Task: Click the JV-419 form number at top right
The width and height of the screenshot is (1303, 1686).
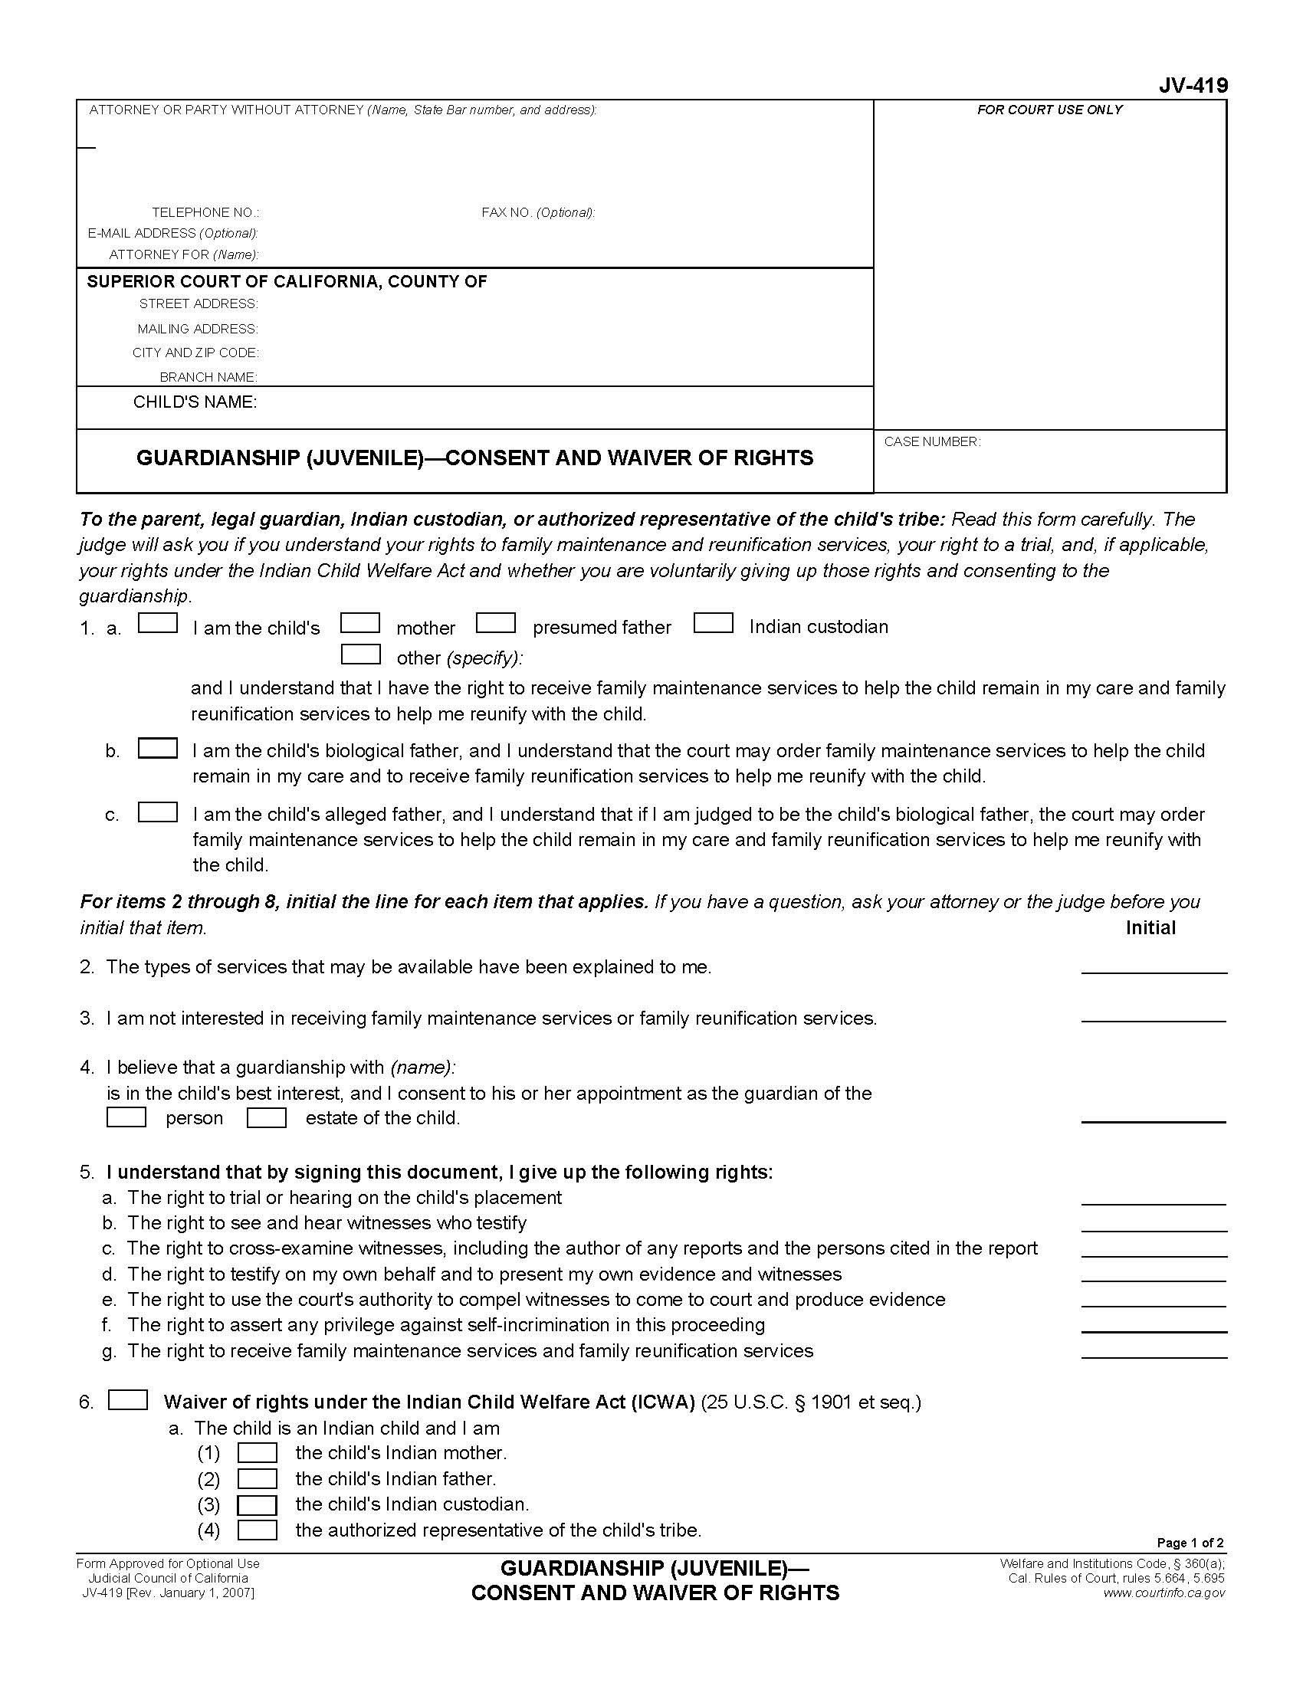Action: tap(1192, 86)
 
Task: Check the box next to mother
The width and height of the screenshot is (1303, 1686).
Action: tap(359, 623)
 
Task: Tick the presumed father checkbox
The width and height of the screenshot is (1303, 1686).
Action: tap(496, 623)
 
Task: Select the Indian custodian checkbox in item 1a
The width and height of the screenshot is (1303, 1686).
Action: tap(713, 623)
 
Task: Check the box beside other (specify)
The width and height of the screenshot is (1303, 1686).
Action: tap(360, 654)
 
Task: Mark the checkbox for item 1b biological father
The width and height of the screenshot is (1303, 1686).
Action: tap(157, 748)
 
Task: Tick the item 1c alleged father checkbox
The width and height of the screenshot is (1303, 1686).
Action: tap(157, 812)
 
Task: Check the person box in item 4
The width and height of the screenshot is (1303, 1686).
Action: tap(126, 1117)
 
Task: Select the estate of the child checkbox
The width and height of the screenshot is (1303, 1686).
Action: tap(266, 1117)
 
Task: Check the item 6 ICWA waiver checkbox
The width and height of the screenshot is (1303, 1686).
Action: tap(127, 1399)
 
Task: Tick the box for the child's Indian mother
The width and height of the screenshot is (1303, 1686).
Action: tap(257, 1452)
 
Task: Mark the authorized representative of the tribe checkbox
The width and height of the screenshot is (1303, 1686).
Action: tap(257, 1530)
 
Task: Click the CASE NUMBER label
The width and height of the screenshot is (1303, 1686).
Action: tap(932, 441)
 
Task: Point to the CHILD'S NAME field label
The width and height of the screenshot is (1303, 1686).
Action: tap(195, 402)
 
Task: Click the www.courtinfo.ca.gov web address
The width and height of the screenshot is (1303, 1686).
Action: tap(1164, 1593)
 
